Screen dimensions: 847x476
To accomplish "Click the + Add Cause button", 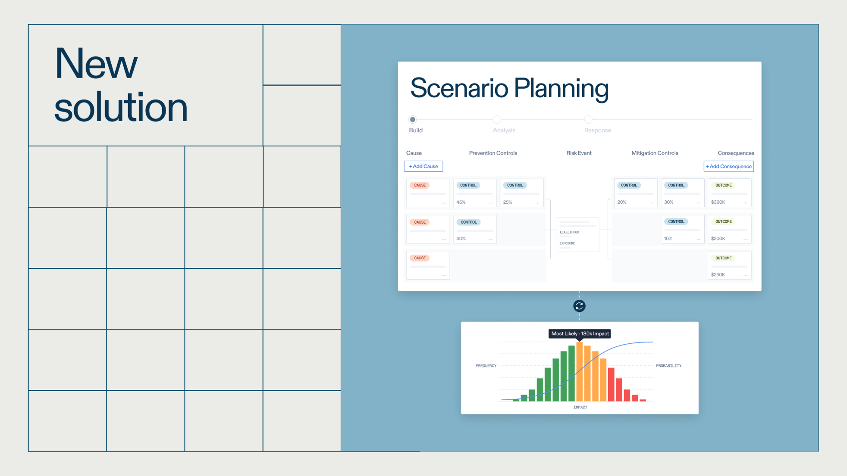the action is coord(423,166).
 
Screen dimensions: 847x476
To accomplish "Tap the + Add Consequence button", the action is coord(728,166).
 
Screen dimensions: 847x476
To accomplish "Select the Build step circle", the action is coord(413,119).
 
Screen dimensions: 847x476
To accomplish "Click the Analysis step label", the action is coord(504,130).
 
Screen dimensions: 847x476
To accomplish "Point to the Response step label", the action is coord(597,130).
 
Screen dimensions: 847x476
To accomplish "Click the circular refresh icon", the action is coord(579,306).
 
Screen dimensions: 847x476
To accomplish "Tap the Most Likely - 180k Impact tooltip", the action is coord(580,334).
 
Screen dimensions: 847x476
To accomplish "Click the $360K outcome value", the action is coord(718,202).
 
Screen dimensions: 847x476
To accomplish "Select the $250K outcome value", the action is coord(718,275).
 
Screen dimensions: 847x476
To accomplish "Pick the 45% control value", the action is coord(461,202).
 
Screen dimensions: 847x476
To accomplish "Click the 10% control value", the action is coord(668,239).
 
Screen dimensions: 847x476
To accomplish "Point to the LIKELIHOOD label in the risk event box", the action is coord(569,232).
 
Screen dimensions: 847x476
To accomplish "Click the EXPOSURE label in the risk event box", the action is coord(567,243).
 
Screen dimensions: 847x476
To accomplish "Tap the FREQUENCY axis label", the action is coord(486,366).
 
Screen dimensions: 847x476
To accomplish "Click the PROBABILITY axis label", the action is coord(668,366).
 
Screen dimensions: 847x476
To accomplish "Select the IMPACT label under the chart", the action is coord(580,407).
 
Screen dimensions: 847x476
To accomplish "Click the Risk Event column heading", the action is coord(579,153).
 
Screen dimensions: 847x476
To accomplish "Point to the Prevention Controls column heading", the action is coord(493,153).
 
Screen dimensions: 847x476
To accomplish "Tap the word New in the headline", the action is coord(96,64).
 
